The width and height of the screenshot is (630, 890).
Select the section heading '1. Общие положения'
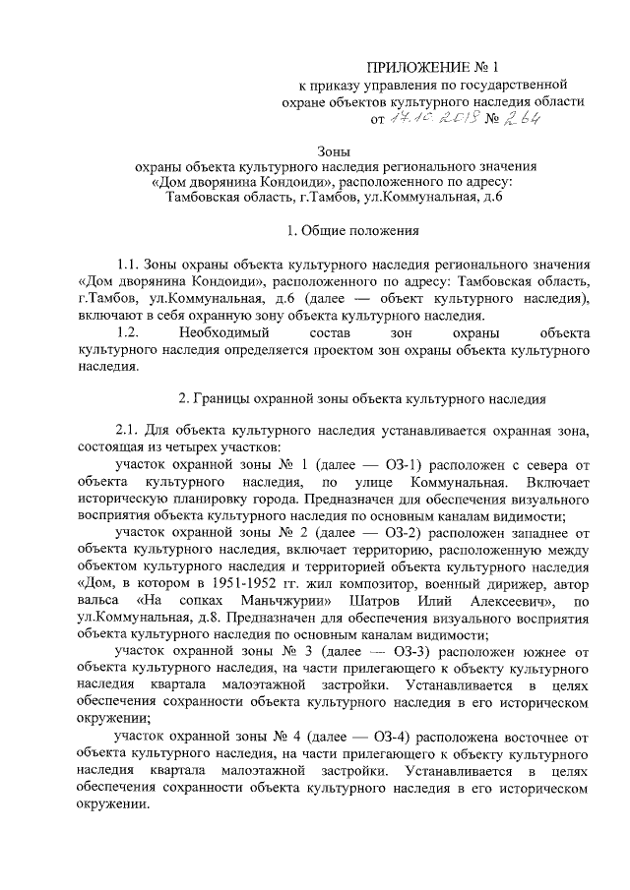pos(352,231)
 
